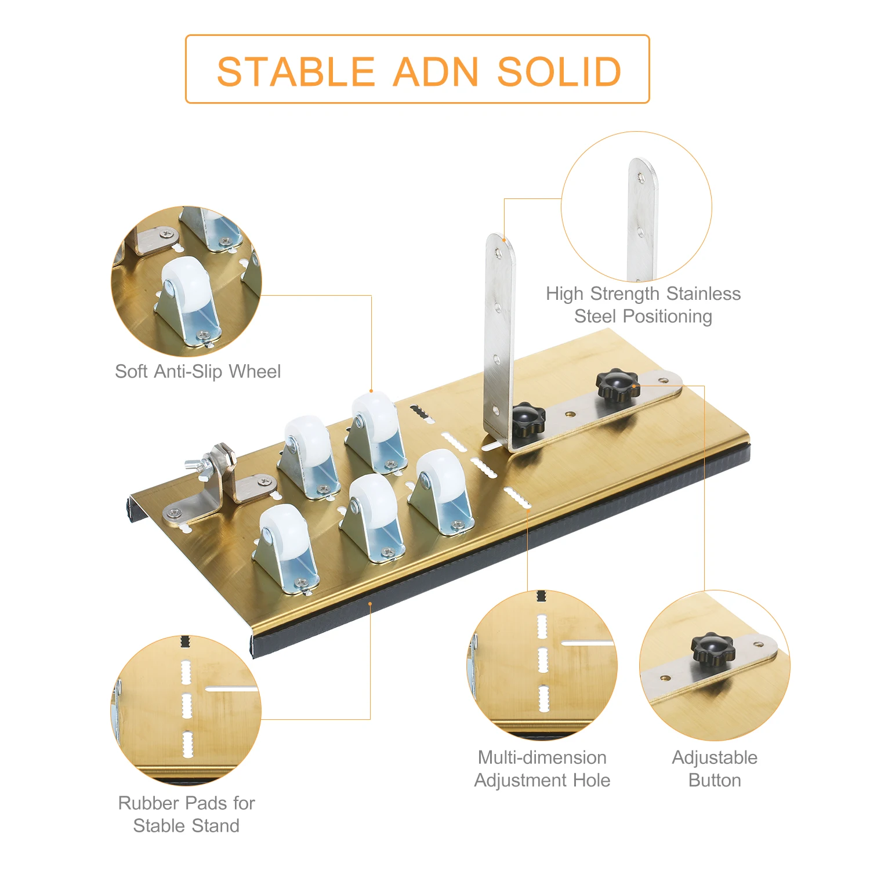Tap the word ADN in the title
click(x=436, y=72)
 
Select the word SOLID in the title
click(x=559, y=72)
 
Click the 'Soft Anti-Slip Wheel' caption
click(x=198, y=371)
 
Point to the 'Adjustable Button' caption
click(x=715, y=768)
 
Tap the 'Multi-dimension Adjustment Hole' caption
click(x=542, y=768)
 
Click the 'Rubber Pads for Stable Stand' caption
click(x=186, y=814)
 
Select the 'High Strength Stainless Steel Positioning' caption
click(x=643, y=304)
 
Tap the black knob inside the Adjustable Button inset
click(x=713, y=648)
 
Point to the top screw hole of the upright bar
click(x=498, y=253)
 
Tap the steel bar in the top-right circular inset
click(x=642, y=220)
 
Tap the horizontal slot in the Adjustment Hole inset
click(x=587, y=643)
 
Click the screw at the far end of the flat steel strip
click(x=664, y=380)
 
